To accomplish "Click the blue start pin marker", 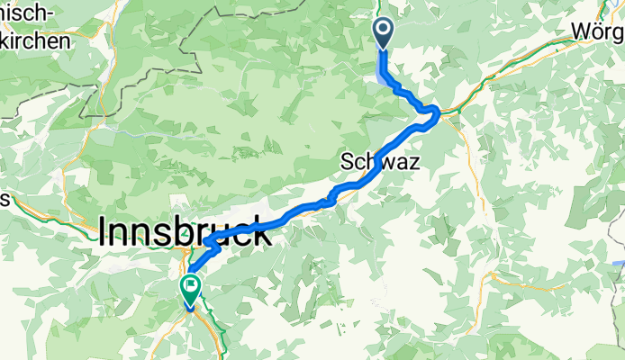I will pos(383,34).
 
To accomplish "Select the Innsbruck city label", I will pos(184,234).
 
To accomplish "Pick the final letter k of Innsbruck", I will pos(261,234).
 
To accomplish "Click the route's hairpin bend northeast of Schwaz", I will pos(437,111).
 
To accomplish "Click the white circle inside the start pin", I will pos(383,31).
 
